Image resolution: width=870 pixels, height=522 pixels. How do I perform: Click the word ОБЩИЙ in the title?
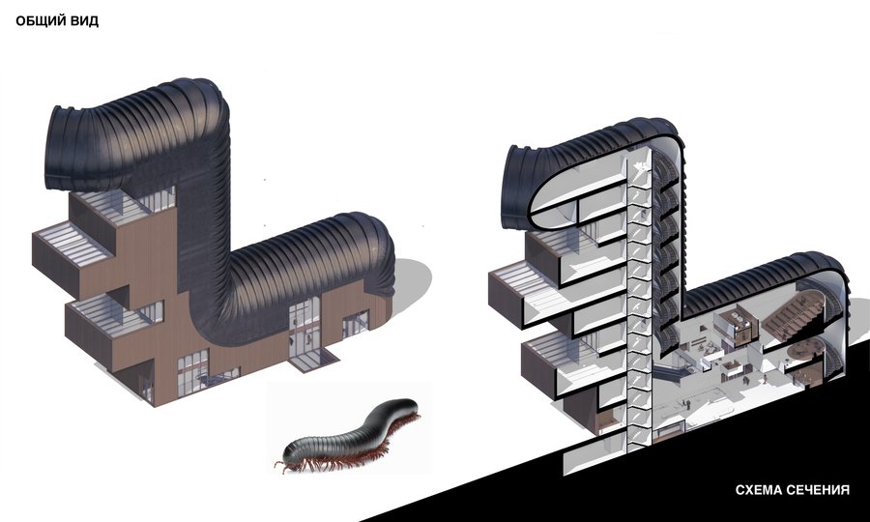[42, 21]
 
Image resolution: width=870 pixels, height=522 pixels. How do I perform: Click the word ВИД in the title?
[85, 21]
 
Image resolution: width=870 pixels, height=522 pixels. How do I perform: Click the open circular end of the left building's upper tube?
[58, 147]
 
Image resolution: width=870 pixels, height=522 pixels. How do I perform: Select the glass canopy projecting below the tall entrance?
[313, 361]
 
